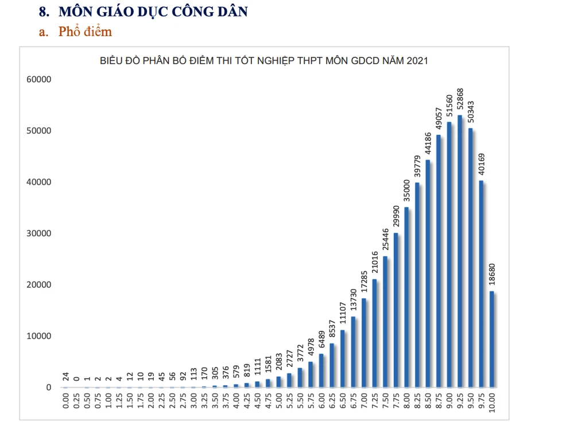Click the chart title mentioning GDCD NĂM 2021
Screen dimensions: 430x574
pos(263,61)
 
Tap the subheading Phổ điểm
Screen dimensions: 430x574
pos(85,32)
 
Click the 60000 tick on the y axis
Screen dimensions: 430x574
pos(39,79)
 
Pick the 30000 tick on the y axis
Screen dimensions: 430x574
pos(39,233)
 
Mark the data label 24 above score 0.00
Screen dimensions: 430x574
pos(67,377)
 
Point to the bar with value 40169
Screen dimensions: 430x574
pos(481,284)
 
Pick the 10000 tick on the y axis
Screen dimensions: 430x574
pos(39,336)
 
